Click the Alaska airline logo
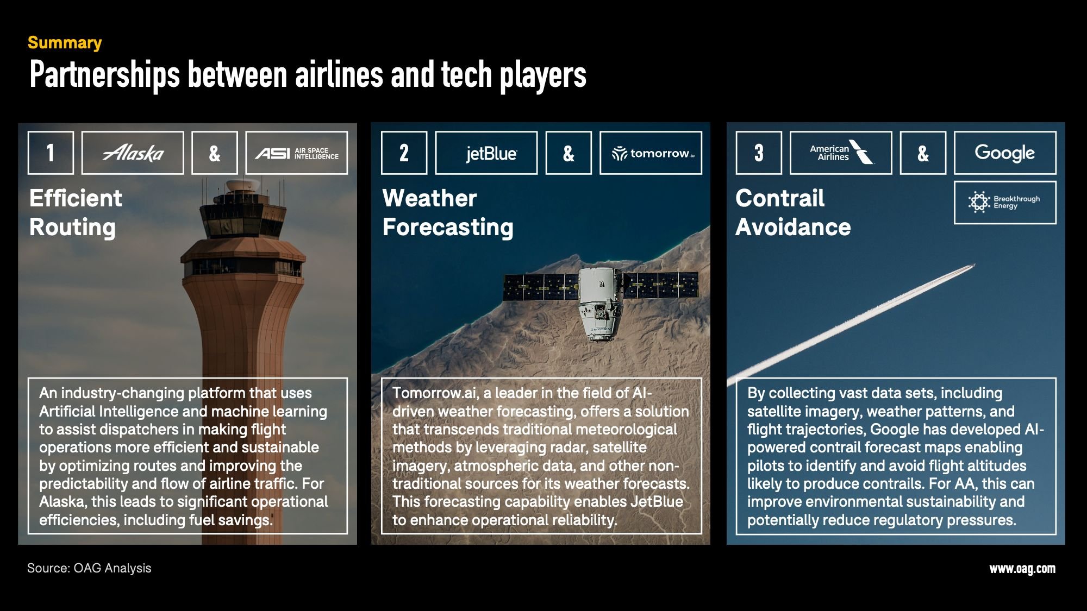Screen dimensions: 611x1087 (x=133, y=153)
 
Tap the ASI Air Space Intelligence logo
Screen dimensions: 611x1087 (x=296, y=153)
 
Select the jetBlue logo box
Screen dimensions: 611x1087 (x=486, y=153)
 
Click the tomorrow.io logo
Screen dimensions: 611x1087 (x=651, y=153)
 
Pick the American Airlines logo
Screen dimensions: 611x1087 (x=841, y=153)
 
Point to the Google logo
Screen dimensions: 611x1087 (x=1005, y=153)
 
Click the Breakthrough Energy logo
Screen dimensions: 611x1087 (x=1005, y=202)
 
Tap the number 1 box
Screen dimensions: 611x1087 (x=51, y=153)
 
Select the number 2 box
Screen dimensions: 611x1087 (x=404, y=153)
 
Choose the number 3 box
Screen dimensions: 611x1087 (x=759, y=153)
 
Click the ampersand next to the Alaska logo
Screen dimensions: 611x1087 (x=215, y=153)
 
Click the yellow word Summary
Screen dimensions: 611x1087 (x=65, y=42)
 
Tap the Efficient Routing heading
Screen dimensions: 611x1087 (x=76, y=212)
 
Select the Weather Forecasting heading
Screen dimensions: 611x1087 (x=448, y=212)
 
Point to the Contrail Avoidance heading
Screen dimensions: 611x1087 (x=793, y=212)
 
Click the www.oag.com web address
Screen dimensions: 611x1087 (x=1022, y=569)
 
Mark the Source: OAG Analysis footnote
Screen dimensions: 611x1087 (x=89, y=568)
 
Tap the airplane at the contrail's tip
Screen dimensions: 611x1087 (x=971, y=266)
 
